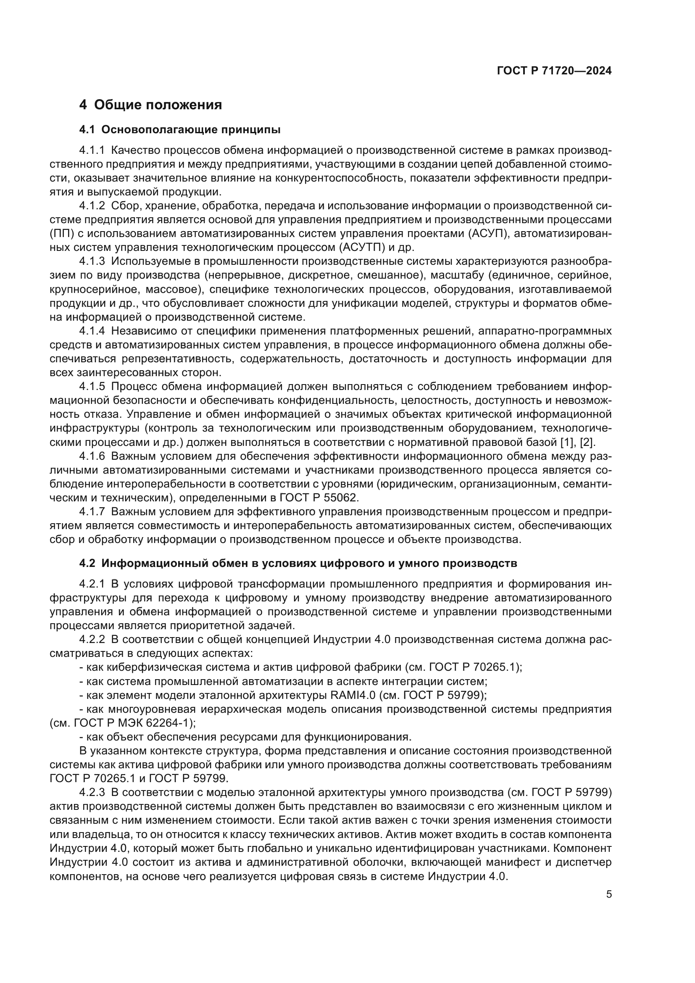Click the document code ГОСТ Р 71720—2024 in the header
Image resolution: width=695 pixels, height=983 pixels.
click(x=554, y=71)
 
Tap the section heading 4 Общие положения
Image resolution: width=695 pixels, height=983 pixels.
click(x=151, y=105)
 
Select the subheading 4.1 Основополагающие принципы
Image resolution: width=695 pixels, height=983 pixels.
click(x=180, y=129)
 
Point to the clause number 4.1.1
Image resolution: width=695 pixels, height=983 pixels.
click(x=92, y=150)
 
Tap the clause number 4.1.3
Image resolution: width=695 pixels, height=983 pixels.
click(x=92, y=261)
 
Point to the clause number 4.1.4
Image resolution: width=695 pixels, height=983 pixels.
click(x=92, y=331)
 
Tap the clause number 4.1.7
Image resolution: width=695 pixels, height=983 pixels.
click(x=92, y=511)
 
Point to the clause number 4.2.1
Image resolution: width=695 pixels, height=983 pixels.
click(x=92, y=584)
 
